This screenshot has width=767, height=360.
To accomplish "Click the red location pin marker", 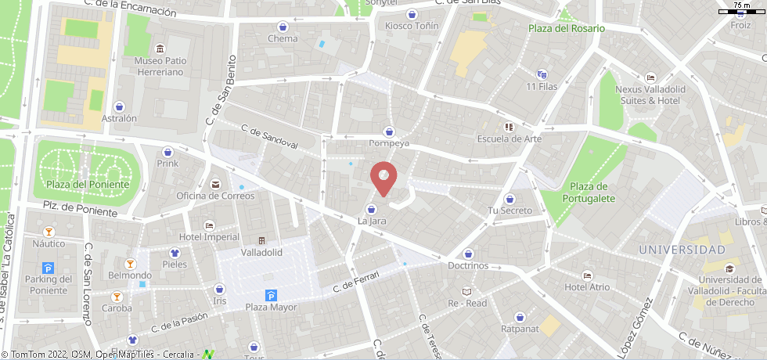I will (383, 178).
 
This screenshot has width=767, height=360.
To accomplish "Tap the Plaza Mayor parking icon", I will (272, 295).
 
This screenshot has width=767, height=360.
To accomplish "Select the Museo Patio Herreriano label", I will (159, 66).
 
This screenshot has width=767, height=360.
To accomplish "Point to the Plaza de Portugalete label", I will (589, 193).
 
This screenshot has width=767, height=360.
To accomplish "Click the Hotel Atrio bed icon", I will (587, 275).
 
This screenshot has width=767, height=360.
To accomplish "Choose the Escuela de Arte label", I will (509, 139).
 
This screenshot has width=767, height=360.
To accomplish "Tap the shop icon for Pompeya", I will (389, 131).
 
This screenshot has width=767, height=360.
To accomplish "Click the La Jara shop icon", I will (371, 209).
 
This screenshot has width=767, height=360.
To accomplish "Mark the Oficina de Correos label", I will (215, 196).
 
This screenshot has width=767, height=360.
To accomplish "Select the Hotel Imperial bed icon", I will (209, 225).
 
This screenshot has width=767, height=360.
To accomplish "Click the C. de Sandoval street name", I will (269, 138).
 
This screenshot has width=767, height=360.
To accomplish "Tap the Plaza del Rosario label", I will (566, 28).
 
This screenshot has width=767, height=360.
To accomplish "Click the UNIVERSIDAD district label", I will (682, 250).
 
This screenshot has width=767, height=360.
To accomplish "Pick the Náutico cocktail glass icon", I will (49, 232).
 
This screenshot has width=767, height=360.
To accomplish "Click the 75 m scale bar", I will (741, 10).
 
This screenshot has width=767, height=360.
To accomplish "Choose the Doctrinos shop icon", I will (468, 254).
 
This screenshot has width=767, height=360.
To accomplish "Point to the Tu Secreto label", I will (510, 211).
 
